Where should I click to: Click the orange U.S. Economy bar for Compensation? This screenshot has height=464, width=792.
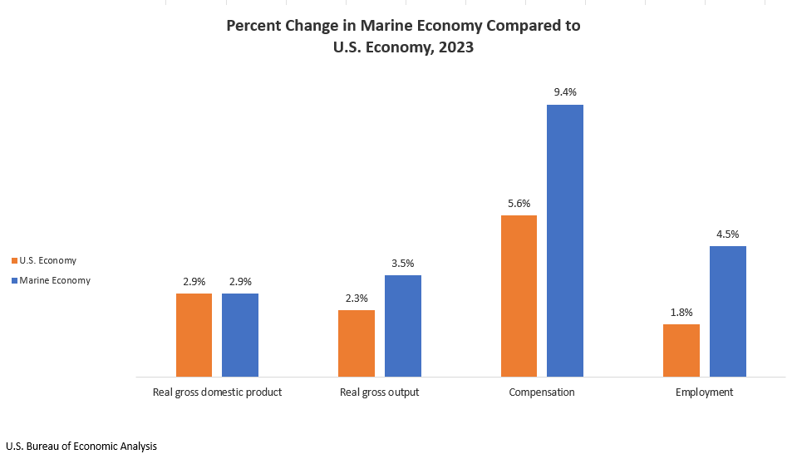(519, 296)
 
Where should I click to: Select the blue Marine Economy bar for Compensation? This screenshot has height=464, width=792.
(564, 240)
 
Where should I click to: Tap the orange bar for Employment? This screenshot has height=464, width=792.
(681, 350)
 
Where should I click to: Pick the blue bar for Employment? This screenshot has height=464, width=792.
(727, 311)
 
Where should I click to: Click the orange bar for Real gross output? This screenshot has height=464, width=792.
(356, 343)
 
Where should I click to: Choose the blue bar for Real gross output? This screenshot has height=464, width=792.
(402, 326)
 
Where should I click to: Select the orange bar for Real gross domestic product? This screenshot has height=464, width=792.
(194, 334)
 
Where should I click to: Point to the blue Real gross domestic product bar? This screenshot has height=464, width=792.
(240, 334)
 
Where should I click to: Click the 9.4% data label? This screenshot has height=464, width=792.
(565, 92)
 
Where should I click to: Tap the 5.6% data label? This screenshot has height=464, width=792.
(519, 203)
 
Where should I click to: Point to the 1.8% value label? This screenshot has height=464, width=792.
(681, 312)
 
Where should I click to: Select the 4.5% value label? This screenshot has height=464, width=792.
(727, 234)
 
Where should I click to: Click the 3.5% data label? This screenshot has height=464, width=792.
(402, 263)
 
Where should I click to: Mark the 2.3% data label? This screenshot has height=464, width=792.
(356, 298)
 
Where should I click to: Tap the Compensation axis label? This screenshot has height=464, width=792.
(541, 392)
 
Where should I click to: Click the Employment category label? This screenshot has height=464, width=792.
(704, 392)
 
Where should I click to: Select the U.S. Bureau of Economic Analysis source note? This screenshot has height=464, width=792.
(81, 446)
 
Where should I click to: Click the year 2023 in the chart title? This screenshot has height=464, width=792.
(455, 47)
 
